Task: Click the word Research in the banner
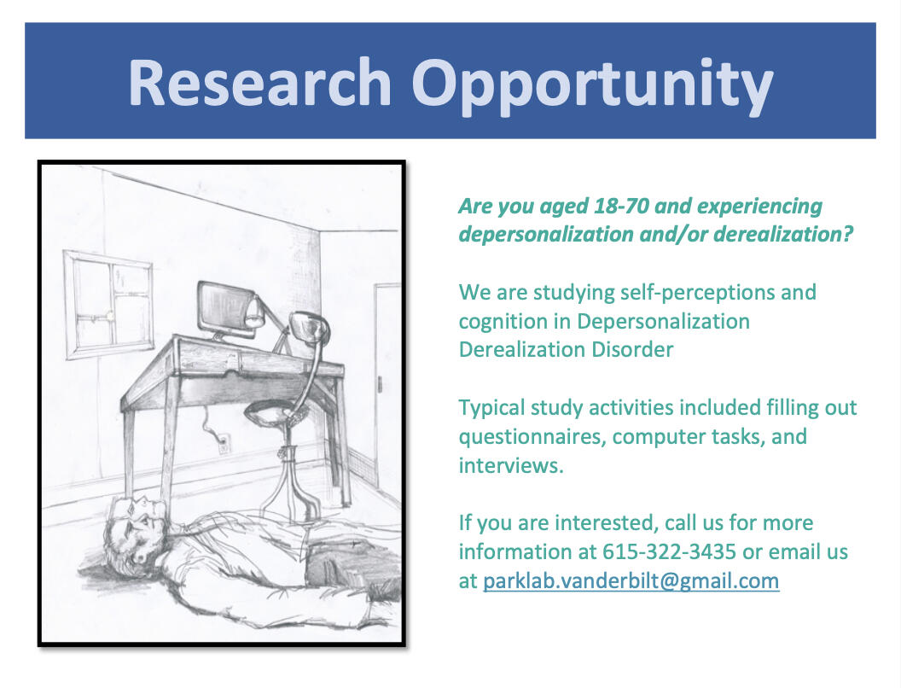tap(259, 82)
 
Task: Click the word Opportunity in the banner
tap(592, 86)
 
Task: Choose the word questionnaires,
tap(532, 437)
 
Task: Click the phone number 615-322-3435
tap(669, 551)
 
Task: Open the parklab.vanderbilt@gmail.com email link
tap(631, 580)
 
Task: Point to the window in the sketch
tap(108, 305)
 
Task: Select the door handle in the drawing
tap(379, 383)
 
